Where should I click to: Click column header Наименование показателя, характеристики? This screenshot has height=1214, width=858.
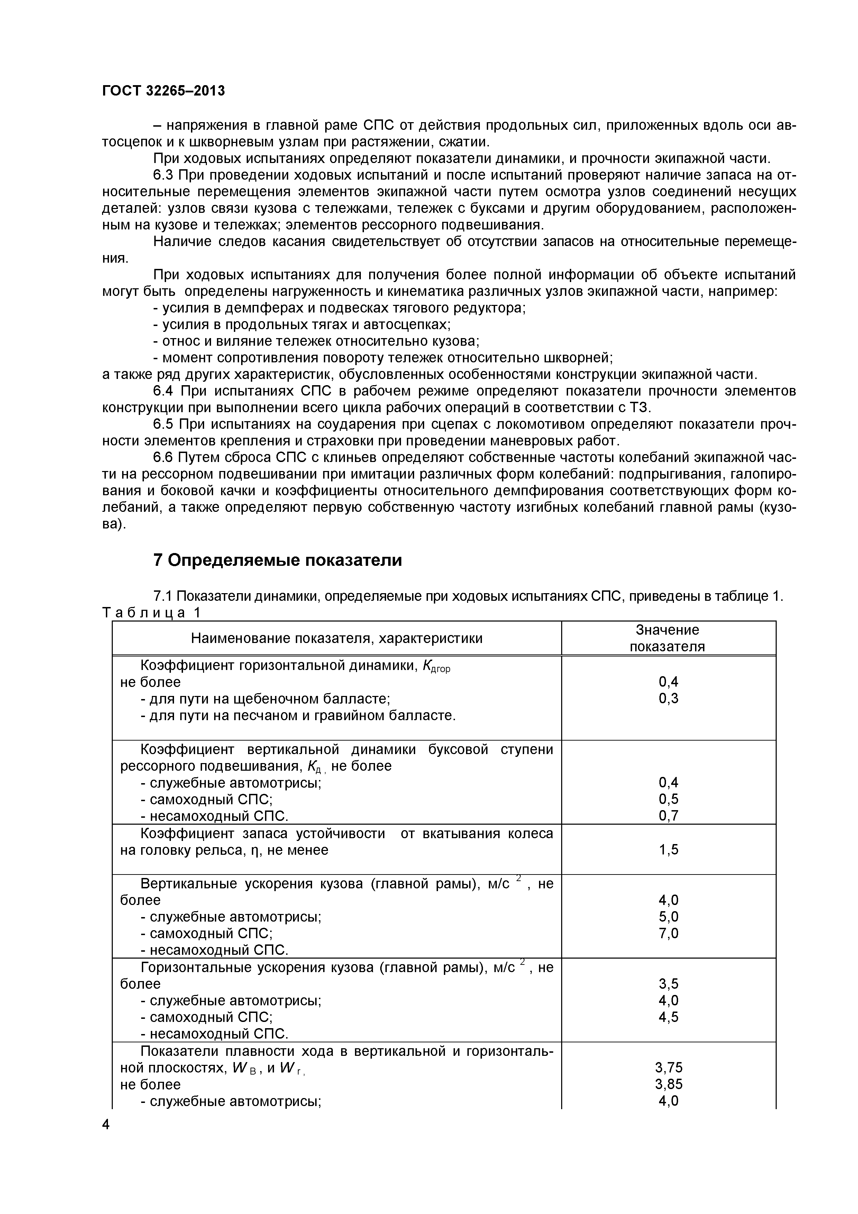(x=336, y=638)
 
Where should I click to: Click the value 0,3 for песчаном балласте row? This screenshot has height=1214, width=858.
(x=668, y=698)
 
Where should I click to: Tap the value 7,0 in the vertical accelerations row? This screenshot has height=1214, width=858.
(x=668, y=933)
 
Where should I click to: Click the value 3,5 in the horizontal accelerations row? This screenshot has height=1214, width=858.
(x=668, y=984)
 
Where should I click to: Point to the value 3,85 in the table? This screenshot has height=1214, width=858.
(x=668, y=1084)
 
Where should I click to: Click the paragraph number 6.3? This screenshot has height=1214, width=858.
(x=164, y=175)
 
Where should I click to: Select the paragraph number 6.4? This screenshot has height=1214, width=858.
(x=164, y=391)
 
